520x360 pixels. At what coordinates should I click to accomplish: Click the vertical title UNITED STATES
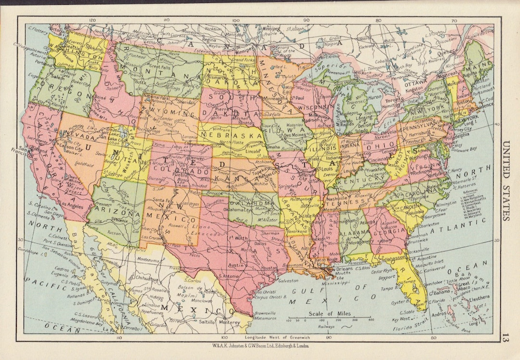tap(505, 181)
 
